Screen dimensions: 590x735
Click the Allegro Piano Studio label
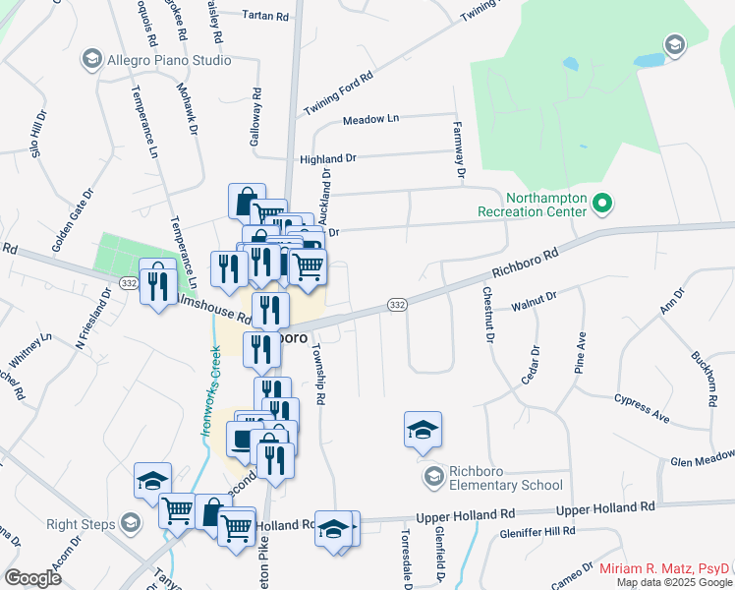[170, 60]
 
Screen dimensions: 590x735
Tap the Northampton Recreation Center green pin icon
[603, 206]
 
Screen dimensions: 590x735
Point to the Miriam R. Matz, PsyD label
[664, 569]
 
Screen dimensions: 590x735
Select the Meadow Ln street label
[370, 119]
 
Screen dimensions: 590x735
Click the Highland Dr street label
[328, 157]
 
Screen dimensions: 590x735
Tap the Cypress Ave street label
[642, 408]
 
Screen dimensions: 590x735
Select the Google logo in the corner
[33, 578]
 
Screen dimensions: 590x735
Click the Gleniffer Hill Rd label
[536, 531]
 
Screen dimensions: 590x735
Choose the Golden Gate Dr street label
[71, 217]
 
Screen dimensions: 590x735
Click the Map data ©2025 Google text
[673, 582]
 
